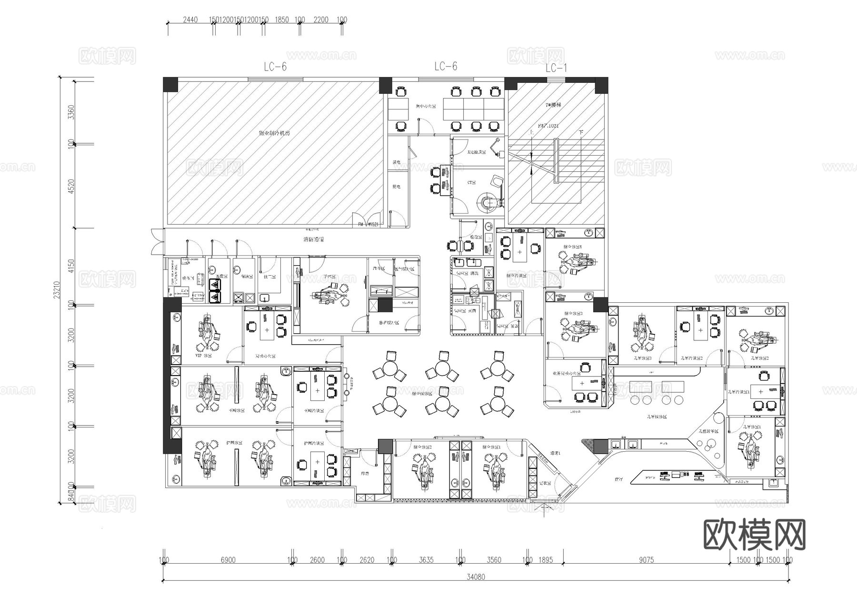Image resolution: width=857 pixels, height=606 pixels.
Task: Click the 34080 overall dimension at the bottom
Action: coord(476,577)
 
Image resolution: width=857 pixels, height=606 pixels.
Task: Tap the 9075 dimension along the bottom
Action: coord(646,560)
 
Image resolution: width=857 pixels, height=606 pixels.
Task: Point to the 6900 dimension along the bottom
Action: coord(228,560)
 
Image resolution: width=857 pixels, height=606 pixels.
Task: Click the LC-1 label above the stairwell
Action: coord(556,69)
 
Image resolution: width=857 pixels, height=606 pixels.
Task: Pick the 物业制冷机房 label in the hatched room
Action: coord(274,133)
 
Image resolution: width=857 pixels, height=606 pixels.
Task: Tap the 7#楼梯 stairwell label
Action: coord(553,105)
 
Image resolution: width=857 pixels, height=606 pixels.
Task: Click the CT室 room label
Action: coord(471,182)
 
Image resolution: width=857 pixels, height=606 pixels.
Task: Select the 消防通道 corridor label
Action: coord(313,239)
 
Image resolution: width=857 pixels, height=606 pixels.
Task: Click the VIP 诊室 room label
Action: coord(204,356)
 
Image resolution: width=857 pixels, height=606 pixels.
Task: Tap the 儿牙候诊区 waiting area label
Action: coord(657,417)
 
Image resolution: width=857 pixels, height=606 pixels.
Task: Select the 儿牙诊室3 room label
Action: coord(642,358)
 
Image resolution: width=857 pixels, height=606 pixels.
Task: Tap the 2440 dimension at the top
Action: coord(190,20)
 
